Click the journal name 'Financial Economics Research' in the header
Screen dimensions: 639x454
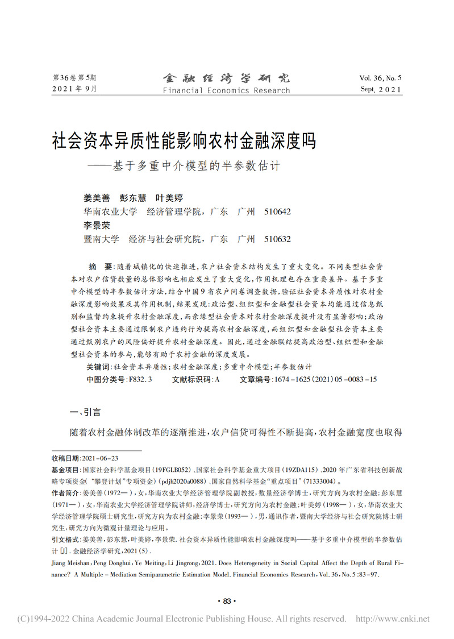226,90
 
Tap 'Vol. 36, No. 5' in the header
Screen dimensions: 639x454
380,77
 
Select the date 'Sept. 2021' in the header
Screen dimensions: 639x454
380,90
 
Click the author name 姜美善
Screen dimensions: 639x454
97,198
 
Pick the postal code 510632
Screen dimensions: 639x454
277,239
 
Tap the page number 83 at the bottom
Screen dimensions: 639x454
227,601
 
